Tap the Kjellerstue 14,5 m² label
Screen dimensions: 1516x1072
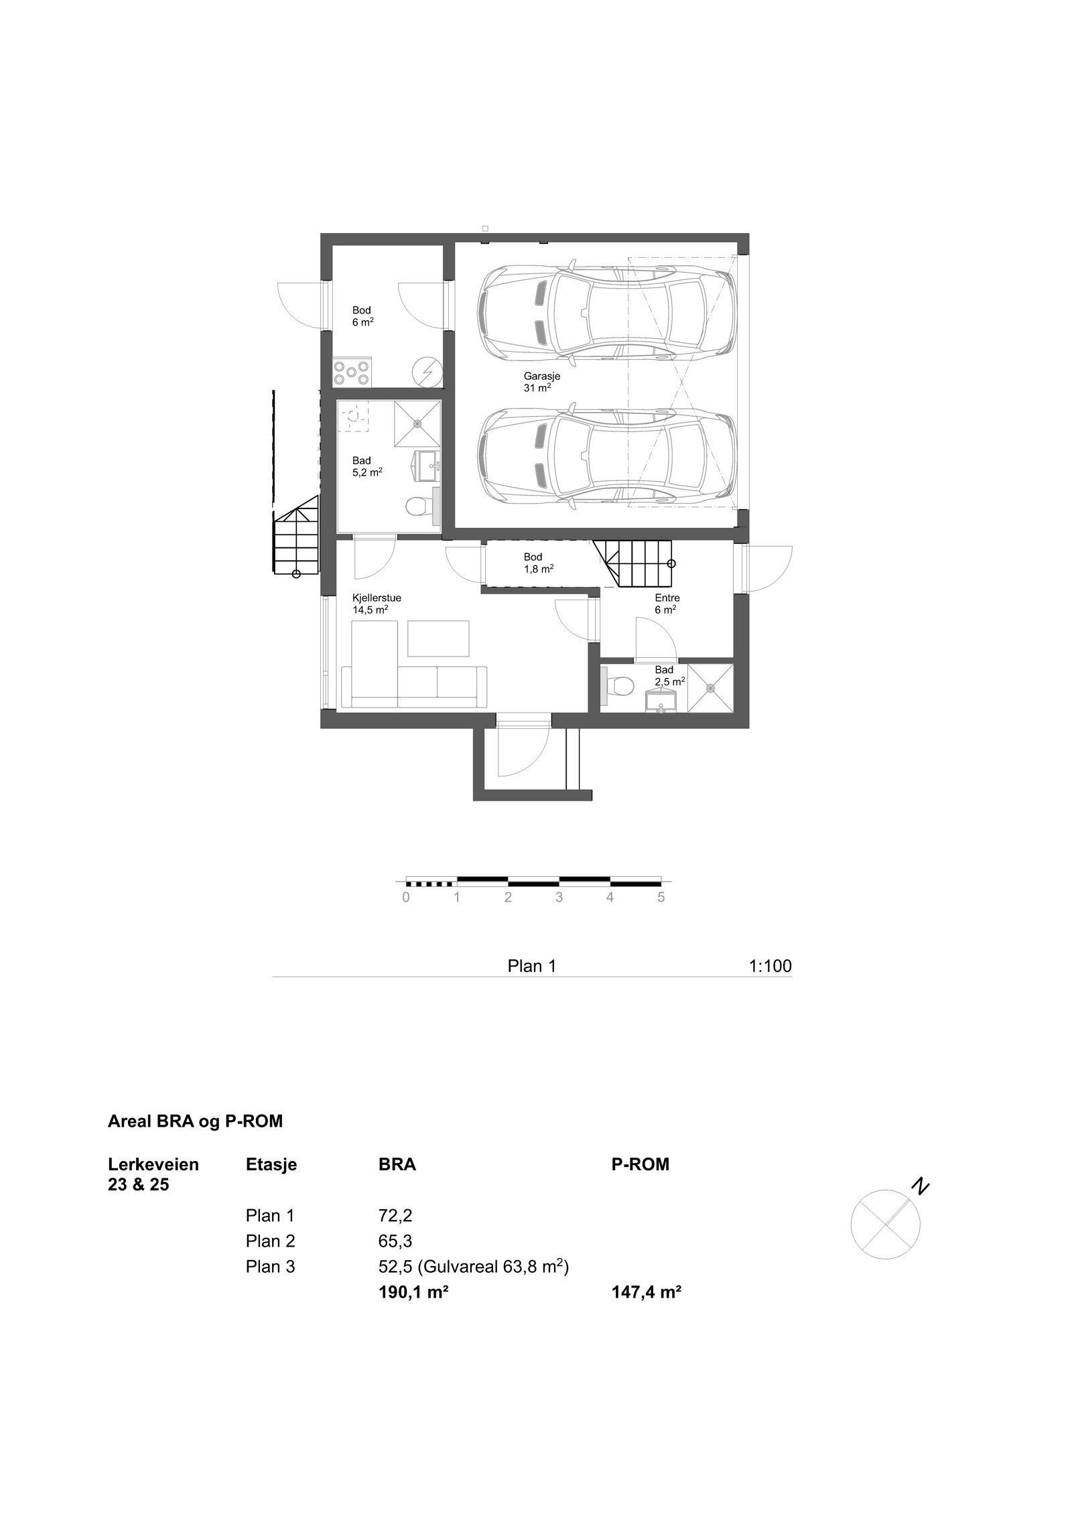coord(376,604)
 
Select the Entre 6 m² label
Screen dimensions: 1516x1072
coord(667,604)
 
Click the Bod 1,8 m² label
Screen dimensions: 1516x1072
coord(538,562)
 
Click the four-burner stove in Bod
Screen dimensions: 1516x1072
coord(353,372)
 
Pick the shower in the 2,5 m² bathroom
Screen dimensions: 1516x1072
coord(710,687)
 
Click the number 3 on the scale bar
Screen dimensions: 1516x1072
coord(559,898)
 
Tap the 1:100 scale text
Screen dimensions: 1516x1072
coord(770,965)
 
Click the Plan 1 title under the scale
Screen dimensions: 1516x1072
coord(532,965)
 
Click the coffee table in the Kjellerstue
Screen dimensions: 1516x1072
coord(438,638)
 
